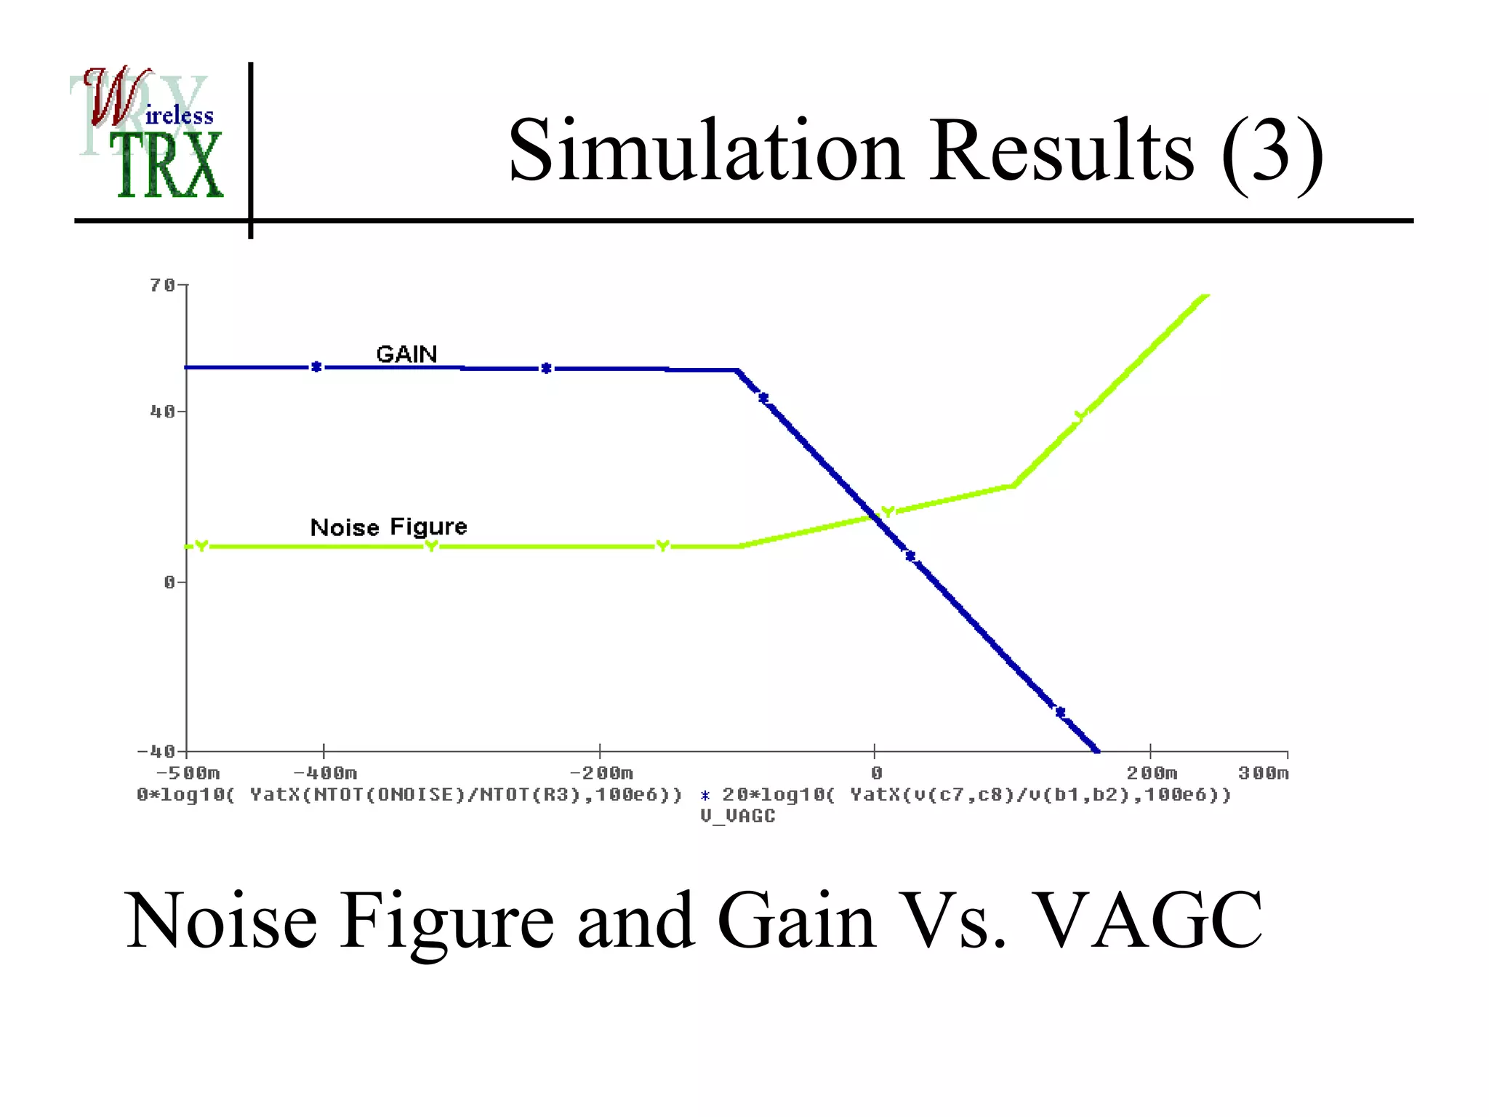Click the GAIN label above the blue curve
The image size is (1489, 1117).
[406, 354]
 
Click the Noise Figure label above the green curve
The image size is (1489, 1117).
[388, 527]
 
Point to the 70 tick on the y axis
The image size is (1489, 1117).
[163, 285]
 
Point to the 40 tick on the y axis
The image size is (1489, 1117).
[163, 412]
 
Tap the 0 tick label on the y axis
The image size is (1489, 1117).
[169, 582]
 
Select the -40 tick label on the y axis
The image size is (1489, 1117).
[157, 750]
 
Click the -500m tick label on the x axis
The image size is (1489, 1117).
[188, 773]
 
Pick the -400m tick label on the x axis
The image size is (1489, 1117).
[325, 773]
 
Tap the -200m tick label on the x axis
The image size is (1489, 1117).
[601, 773]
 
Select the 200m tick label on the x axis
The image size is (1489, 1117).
[1152, 773]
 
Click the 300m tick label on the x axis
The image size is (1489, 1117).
[1264, 773]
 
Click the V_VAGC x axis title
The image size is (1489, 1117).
[738, 816]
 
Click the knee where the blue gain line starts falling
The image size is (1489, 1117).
[738, 371]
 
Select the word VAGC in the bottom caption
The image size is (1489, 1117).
[1147, 921]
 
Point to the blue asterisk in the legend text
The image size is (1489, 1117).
[705, 796]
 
